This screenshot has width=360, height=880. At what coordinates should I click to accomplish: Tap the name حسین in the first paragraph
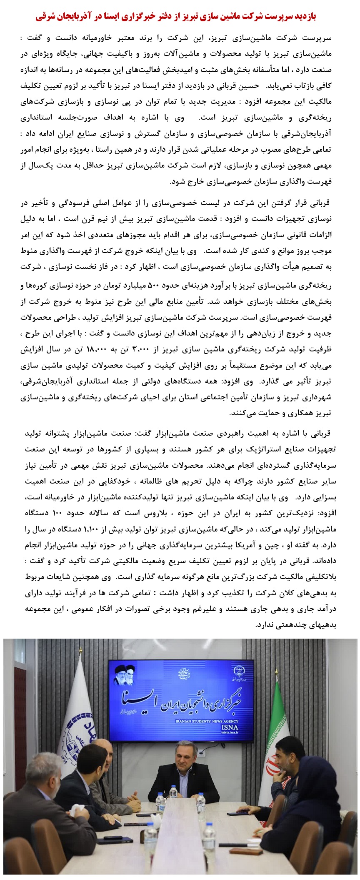pyautogui.click(x=249, y=85)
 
